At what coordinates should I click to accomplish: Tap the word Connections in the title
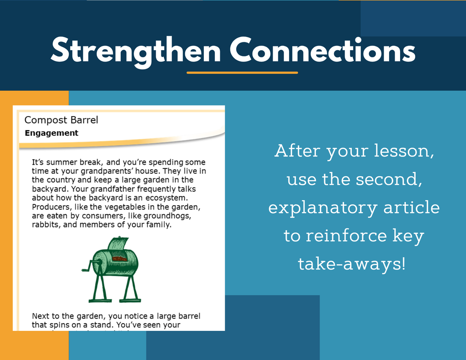click(323, 50)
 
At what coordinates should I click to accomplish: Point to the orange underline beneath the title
click(242, 72)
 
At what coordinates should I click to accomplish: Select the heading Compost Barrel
click(61, 120)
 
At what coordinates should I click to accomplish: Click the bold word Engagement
click(51, 133)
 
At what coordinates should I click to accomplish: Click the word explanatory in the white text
click(323, 208)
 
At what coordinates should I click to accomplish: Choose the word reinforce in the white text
click(346, 236)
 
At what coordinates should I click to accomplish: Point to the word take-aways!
click(352, 264)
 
